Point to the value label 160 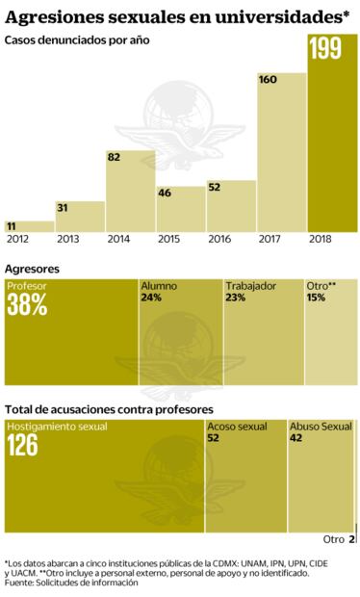pyautogui.click(x=270, y=78)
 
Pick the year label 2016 pyautogui.click(x=229, y=238)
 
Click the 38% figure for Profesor pyautogui.click(x=26, y=305)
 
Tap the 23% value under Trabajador pyautogui.click(x=236, y=298)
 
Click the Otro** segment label pyautogui.click(x=321, y=286)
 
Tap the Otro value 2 pyautogui.click(x=353, y=539)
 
